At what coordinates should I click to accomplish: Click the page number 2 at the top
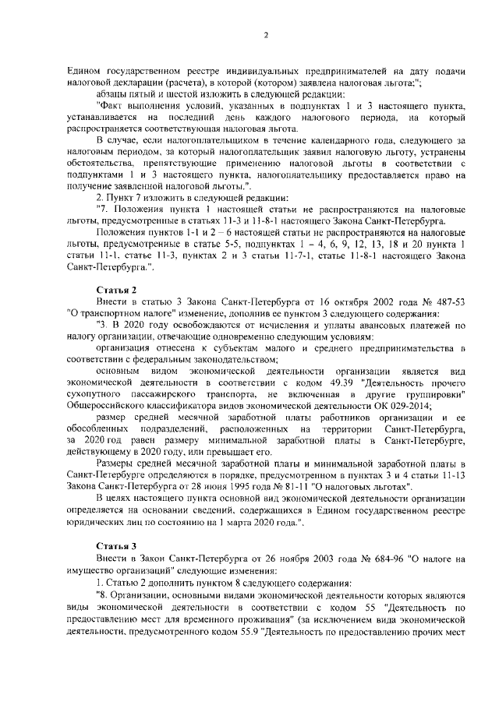267,34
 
